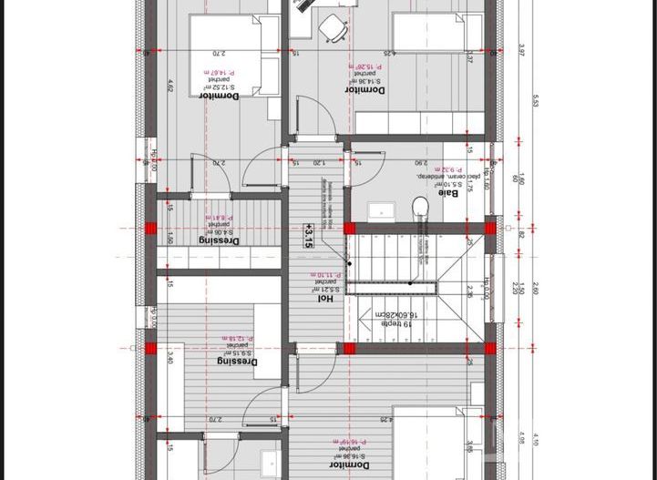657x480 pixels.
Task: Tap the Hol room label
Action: pyautogui.click(x=325, y=298)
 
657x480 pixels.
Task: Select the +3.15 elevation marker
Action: pyautogui.click(x=309, y=236)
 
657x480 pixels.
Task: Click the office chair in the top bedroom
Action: pyautogui.click(x=333, y=28)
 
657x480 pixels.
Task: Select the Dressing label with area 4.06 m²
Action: pyautogui.click(x=219, y=240)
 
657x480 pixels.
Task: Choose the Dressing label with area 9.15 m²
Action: pyautogui.click(x=238, y=361)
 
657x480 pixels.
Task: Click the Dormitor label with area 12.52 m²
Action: pyautogui.click(x=219, y=95)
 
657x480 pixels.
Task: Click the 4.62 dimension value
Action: pyautogui.click(x=170, y=87)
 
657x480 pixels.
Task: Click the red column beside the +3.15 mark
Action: pyautogui.click(x=346, y=228)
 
